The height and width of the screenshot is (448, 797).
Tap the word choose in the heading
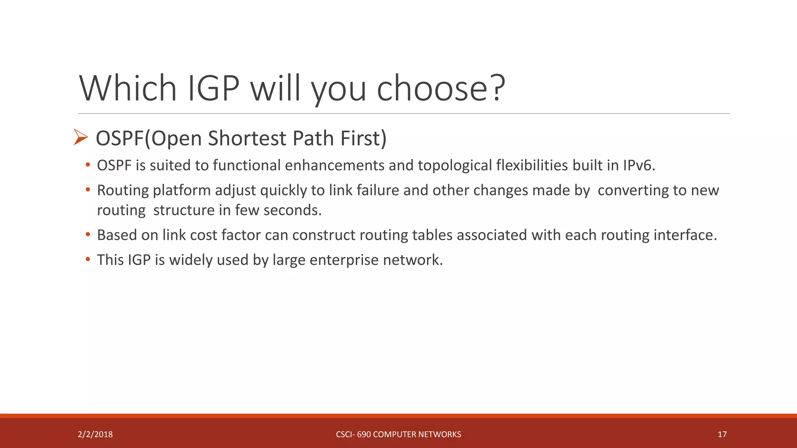point(432,89)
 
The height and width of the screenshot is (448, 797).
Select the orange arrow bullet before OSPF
point(81,137)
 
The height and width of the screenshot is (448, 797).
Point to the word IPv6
point(639,165)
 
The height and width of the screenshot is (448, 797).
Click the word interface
point(685,235)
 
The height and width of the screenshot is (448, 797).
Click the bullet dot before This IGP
point(88,259)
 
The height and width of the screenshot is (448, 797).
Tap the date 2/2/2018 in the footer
point(95,434)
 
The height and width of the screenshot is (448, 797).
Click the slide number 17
point(722,434)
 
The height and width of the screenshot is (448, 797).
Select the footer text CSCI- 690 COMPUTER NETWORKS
point(398,434)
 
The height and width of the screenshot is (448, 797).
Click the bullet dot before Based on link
point(88,234)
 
